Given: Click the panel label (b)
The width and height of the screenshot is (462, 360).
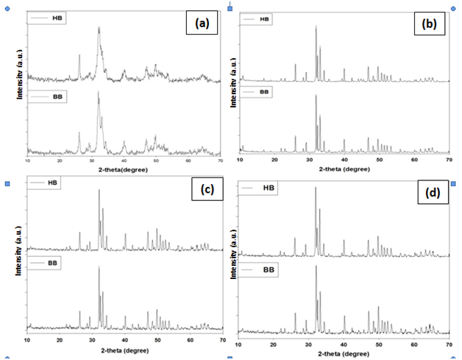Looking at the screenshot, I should coord(429,24).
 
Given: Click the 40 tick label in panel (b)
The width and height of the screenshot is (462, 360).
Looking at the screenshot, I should coord(344,159).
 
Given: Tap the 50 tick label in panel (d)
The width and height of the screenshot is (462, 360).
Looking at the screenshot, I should coord(378,344).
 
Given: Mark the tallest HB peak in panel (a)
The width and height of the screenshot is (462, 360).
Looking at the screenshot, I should coord(99,29).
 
